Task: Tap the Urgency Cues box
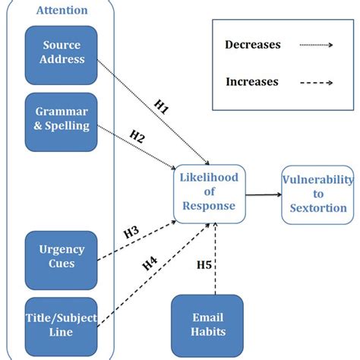pos(62,256)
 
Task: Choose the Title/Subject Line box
pos(62,325)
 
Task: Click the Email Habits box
pos(207,324)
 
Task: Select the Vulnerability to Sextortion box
pos(317,194)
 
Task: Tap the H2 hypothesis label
pos(137,136)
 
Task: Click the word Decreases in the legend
pos(253,44)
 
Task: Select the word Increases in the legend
pos(251,82)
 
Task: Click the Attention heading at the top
pos(62,11)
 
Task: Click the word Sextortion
pos(317,208)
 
